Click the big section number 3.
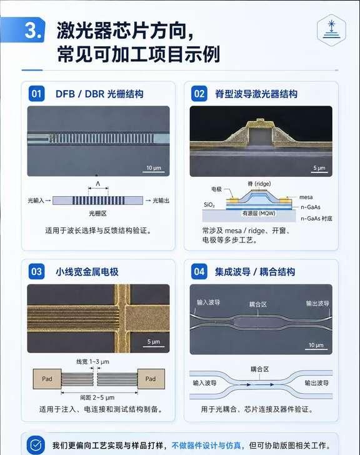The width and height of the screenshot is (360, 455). click(34, 30)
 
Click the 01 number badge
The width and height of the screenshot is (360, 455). click(36, 94)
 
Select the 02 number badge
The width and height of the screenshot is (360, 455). click(199, 94)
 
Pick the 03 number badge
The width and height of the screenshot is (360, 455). click(36, 272)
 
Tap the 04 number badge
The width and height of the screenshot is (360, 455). click(199, 272)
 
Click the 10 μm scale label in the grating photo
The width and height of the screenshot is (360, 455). click(154, 167)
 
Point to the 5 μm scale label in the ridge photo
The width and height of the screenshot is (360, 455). click(319, 167)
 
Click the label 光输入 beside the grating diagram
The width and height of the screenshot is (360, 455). click(36, 201)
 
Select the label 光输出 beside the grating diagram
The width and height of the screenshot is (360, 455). click(161, 201)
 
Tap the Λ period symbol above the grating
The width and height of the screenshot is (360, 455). click(98, 184)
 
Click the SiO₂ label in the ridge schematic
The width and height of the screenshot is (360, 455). click(209, 205)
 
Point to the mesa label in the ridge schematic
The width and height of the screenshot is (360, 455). click(306, 197)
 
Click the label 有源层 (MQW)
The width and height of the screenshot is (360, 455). click(259, 213)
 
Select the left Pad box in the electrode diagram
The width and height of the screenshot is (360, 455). click(47, 379)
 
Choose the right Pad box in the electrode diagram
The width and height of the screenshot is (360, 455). click(151, 379)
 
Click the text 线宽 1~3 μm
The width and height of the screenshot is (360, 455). click(93, 361)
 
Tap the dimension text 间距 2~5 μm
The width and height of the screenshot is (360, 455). click(97, 397)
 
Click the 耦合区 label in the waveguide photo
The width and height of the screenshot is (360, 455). click(258, 304)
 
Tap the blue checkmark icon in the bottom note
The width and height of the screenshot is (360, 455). click(36, 445)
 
